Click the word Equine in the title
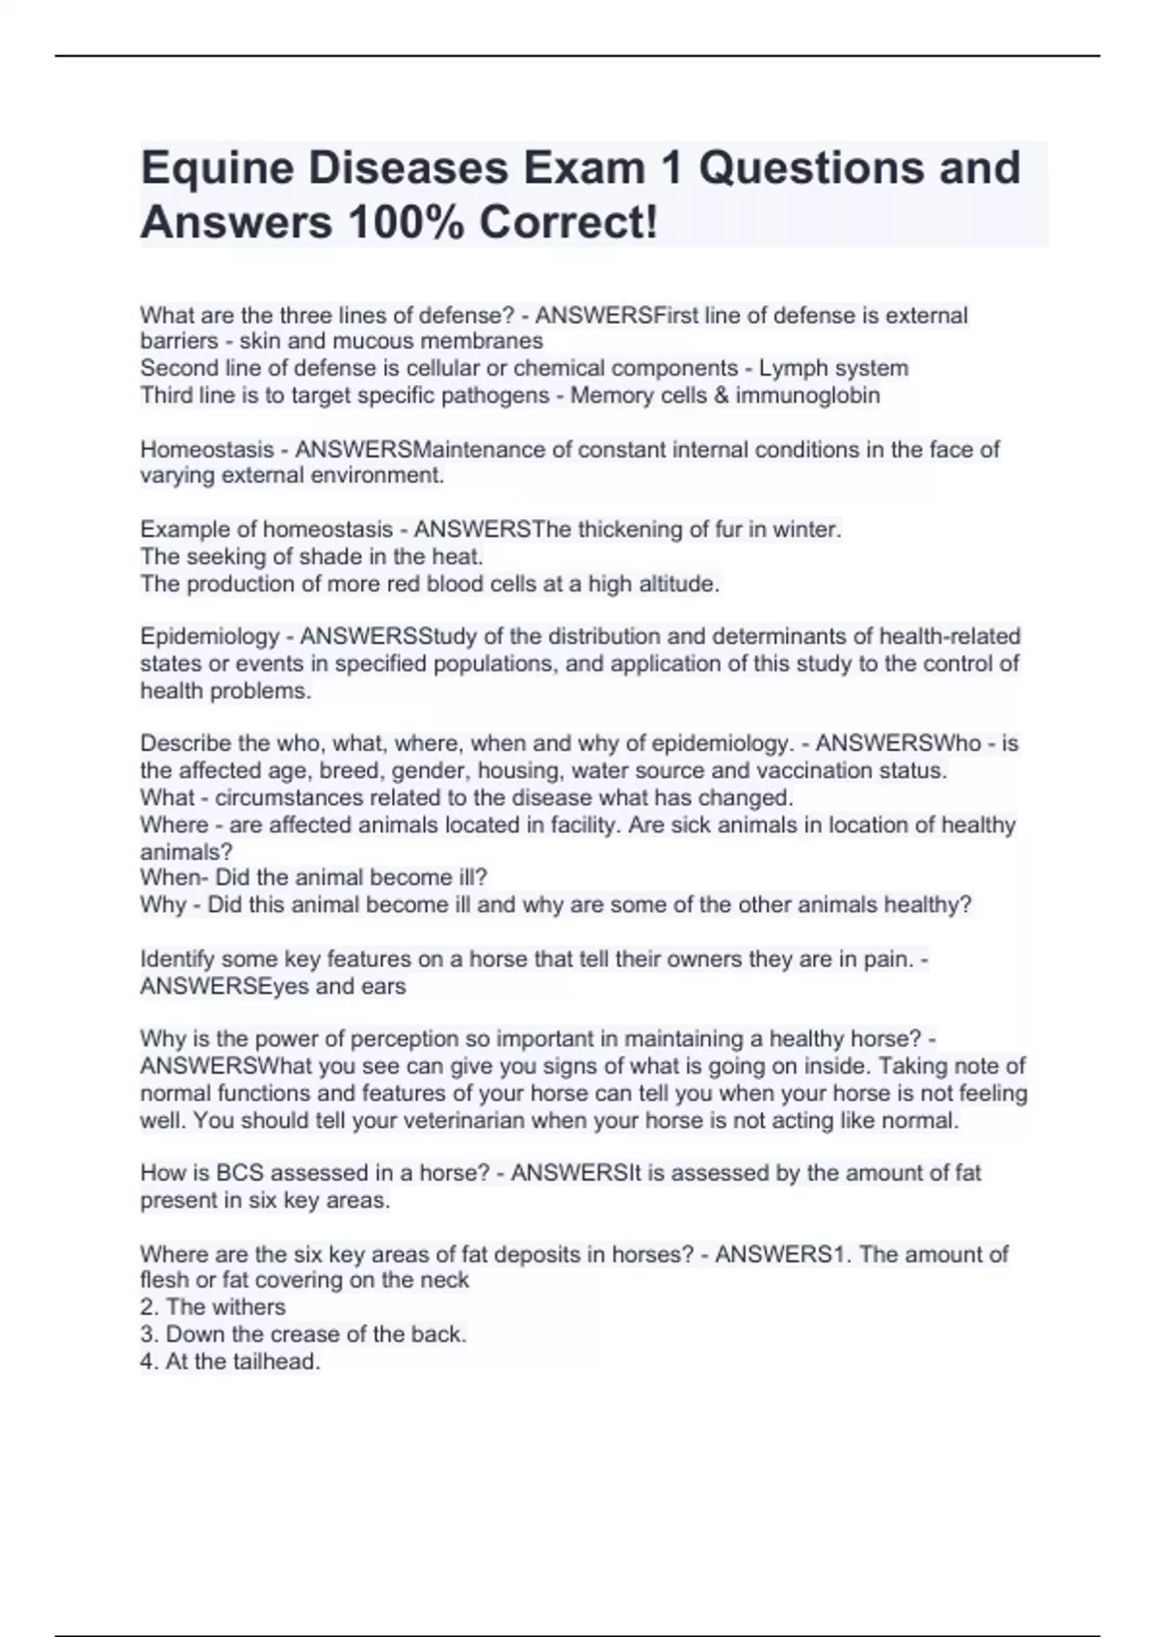(217, 169)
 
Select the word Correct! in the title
(569, 223)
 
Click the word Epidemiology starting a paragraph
(209, 637)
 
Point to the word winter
(809, 530)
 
